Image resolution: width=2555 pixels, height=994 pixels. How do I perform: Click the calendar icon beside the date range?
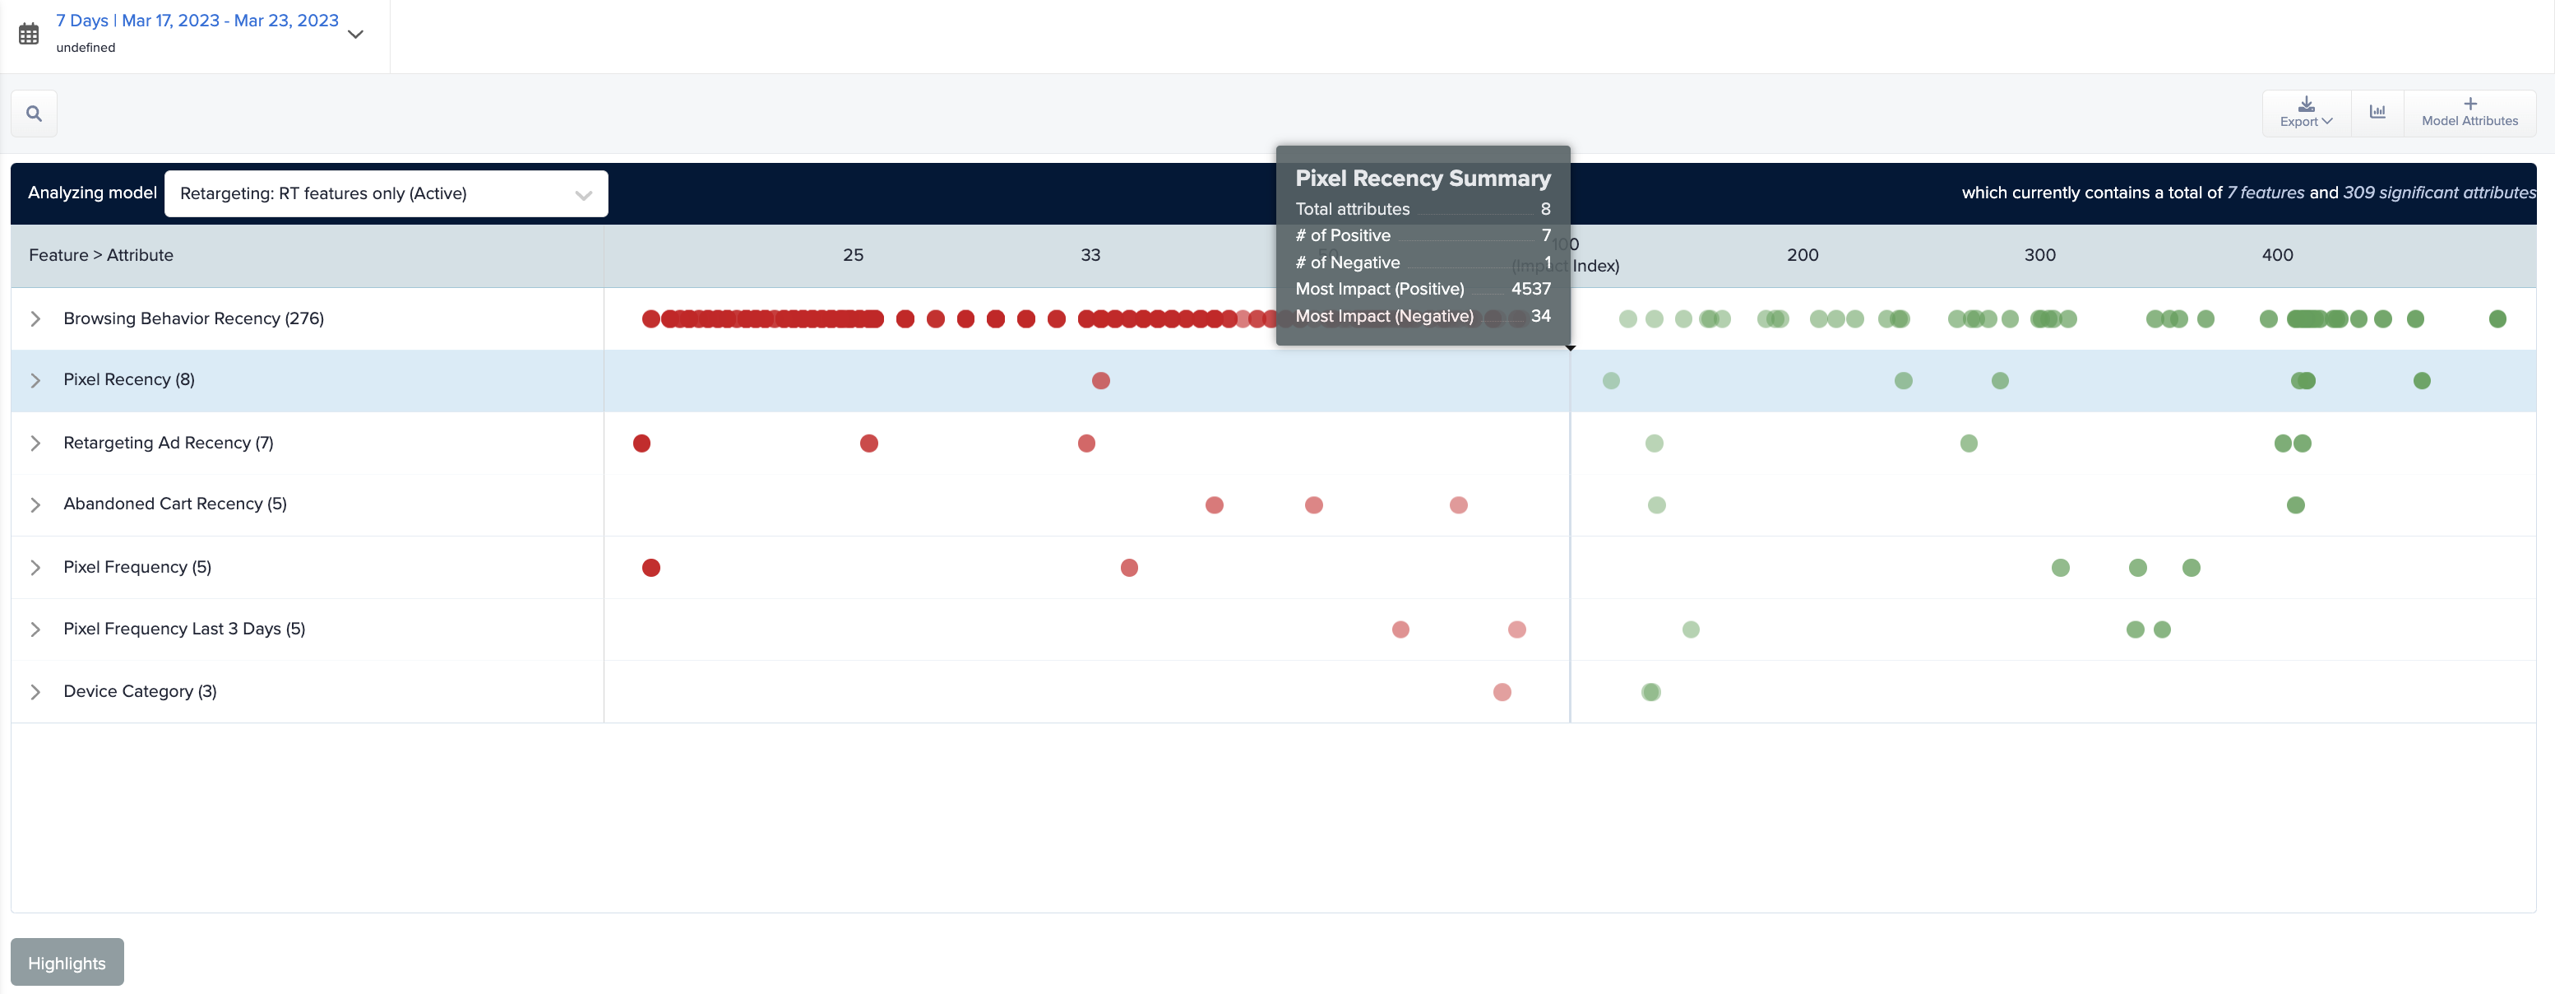(29, 34)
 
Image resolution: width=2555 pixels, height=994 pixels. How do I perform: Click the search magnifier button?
(34, 113)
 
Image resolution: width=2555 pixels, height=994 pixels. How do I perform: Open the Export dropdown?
(2305, 112)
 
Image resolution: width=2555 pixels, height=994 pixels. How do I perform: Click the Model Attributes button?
(2469, 112)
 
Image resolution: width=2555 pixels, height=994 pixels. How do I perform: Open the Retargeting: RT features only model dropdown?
(386, 193)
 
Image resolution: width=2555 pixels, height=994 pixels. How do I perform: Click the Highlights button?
(67, 962)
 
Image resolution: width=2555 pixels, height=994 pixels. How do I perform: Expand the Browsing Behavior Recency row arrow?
(35, 318)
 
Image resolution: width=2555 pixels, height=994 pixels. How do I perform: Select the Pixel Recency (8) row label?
(129, 380)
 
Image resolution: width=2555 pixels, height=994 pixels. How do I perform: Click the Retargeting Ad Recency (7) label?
(168, 443)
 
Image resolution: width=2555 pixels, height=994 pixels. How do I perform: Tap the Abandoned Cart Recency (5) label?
(174, 504)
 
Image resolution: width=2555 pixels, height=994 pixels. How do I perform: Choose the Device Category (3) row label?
(140, 691)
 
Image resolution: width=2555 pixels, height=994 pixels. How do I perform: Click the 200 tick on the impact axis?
(1803, 255)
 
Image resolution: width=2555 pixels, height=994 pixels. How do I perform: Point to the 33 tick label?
(1090, 255)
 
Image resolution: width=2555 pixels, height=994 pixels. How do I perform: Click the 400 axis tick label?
(2276, 255)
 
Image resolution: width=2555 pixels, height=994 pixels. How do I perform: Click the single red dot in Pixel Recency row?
(1100, 381)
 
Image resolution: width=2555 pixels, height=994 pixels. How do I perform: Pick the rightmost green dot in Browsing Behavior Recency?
(2497, 318)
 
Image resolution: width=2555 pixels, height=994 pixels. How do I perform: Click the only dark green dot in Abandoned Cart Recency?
(2295, 505)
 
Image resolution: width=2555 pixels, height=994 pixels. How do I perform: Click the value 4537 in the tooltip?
(1530, 289)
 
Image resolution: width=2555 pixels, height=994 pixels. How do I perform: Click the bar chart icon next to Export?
(2377, 112)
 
